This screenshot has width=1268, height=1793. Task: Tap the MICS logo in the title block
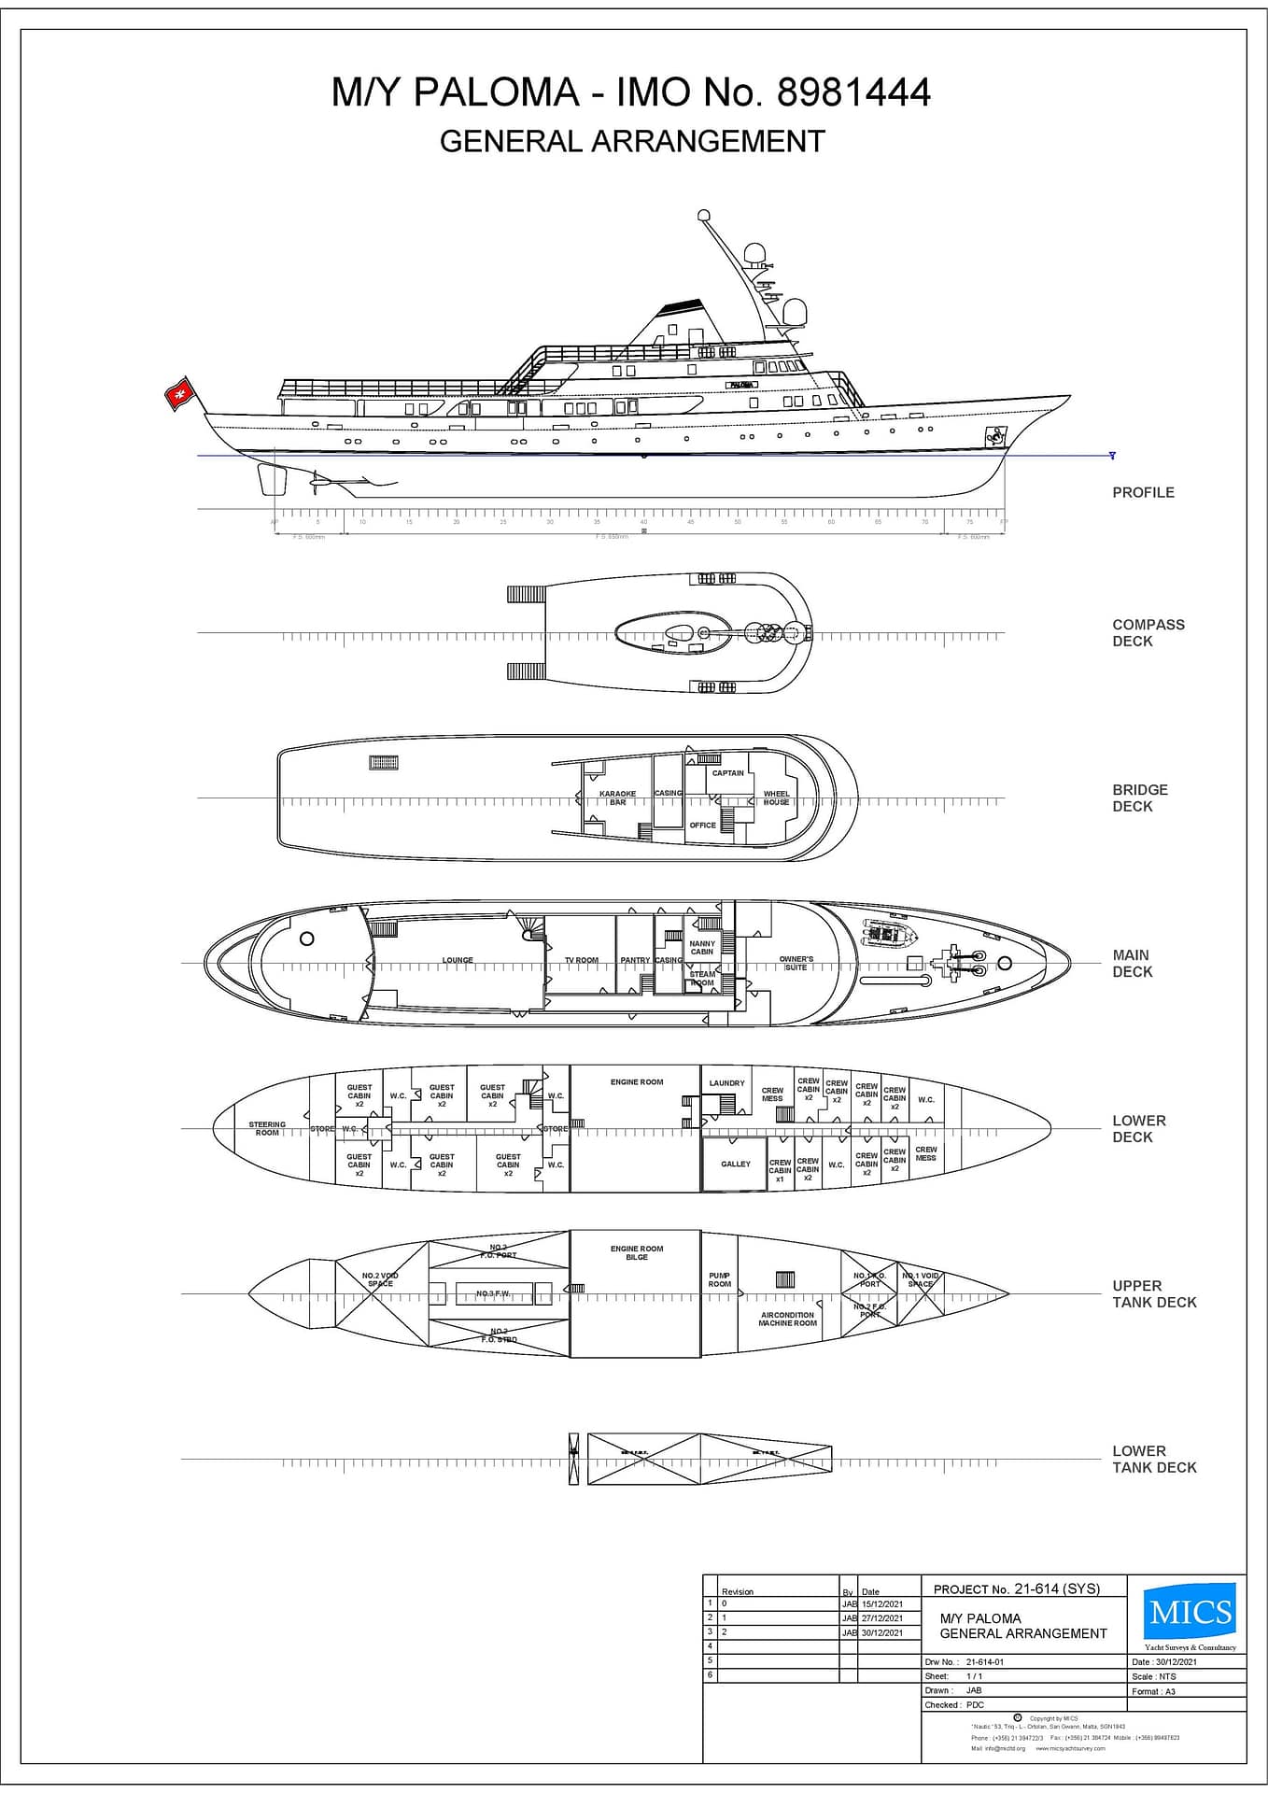[1191, 1612]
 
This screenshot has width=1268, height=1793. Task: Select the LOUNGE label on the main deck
[458, 960]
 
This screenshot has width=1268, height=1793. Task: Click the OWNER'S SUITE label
[796, 963]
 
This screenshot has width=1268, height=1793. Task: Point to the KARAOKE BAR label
[617, 798]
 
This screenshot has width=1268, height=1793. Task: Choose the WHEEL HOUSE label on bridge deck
[776, 798]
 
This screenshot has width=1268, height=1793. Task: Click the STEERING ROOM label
[267, 1129]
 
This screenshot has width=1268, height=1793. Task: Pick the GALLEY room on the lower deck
[735, 1164]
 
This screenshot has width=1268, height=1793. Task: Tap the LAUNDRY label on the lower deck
[726, 1083]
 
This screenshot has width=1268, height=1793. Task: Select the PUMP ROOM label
[719, 1279]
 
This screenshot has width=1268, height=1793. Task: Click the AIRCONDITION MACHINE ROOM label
[787, 1319]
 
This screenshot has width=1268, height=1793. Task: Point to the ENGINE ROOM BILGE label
[637, 1252]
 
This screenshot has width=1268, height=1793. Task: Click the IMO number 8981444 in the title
[853, 92]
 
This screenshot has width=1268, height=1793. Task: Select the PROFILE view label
[1143, 492]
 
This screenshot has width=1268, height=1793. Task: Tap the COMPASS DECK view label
[1148, 632]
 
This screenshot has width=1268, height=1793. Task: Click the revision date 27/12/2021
[881, 1617]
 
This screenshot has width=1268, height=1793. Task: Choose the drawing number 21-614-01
[985, 1661]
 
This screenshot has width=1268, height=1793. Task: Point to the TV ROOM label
[581, 960]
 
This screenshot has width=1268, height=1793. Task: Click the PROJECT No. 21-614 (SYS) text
[1016, 1588]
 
